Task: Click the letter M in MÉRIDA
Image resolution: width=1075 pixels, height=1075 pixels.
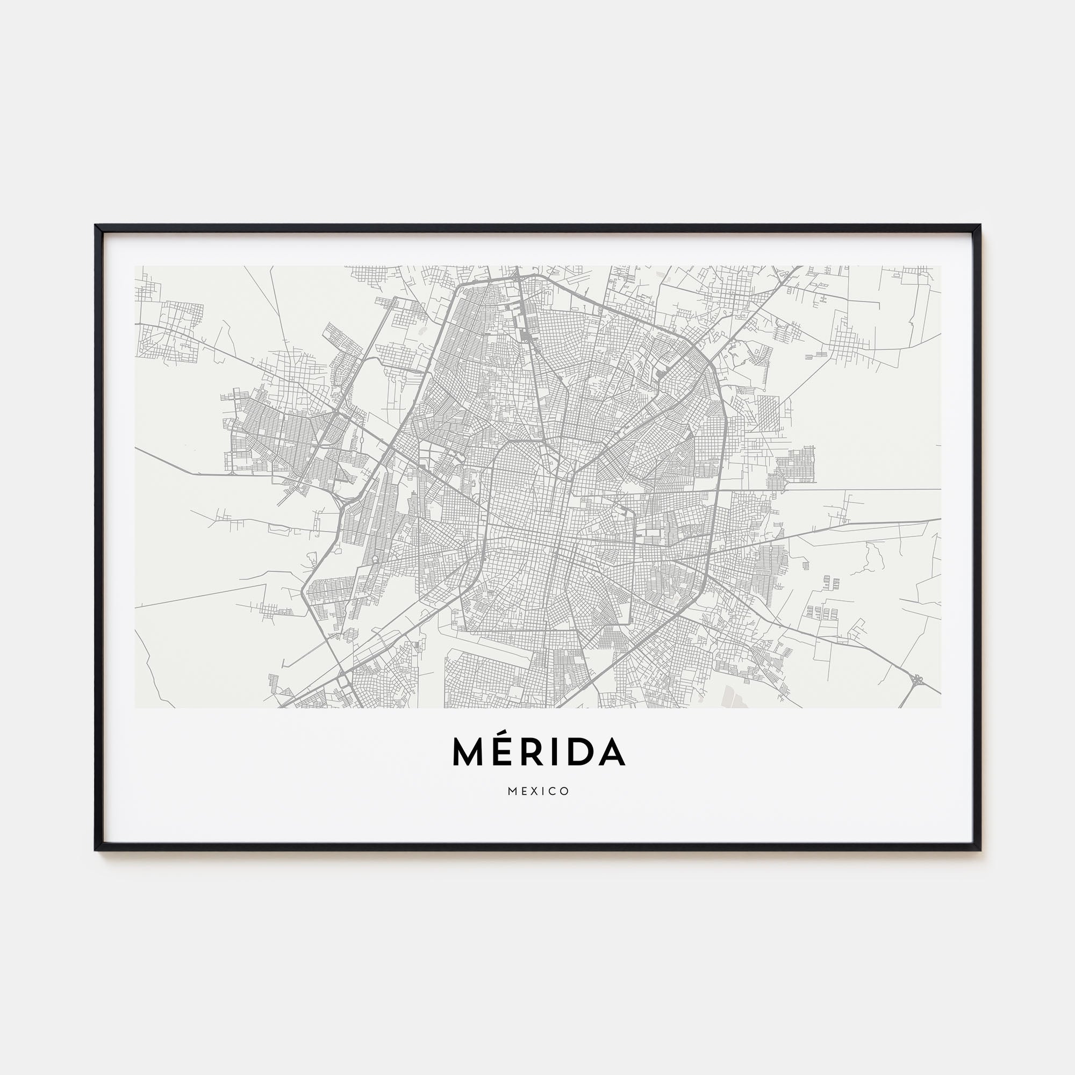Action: (x=469, y=752)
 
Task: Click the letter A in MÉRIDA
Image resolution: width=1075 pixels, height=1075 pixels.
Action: (x=611, y=752)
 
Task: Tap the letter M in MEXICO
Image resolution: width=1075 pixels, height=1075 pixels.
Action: (x=512, y=791)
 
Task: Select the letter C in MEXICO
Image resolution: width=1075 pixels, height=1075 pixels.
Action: (x=553, y=791)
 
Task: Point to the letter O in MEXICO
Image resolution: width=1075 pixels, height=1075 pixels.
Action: (x=565, y=791)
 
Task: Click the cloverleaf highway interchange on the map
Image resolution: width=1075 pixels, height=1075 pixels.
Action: (x=916, y=679)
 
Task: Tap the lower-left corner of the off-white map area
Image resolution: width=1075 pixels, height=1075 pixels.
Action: (x=136, y=707)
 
